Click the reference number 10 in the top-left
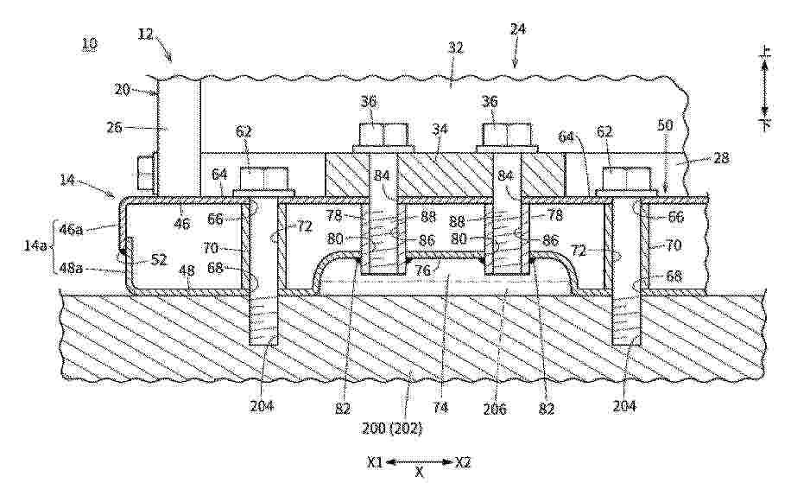(89, 43)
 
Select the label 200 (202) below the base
(391, 429)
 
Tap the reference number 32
(455, 48)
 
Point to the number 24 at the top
(517, 29)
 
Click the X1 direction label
(375, 461)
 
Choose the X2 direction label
(463, 461)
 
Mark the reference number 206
(494, 409)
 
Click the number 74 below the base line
(440, 407)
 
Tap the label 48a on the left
(70, 270)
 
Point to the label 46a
(71, 230)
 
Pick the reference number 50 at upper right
(665, 124)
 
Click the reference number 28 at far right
(721, 158)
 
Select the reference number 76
(422, 270)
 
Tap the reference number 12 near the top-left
(146, 35)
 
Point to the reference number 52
(158, 259)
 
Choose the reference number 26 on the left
(114, 127)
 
